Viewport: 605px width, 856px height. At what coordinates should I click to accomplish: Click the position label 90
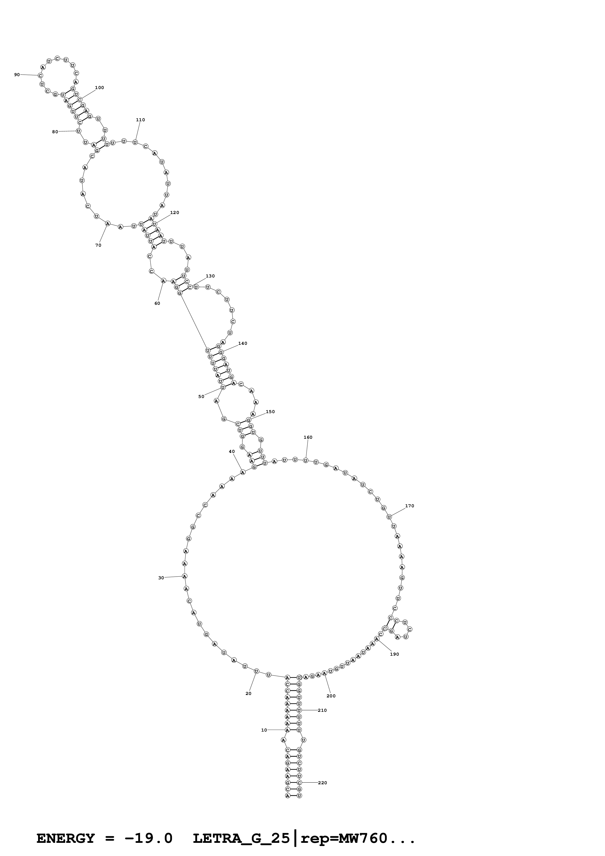[17, 75]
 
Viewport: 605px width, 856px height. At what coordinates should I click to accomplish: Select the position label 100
[100, 88]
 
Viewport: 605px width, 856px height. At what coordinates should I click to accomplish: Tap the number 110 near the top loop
[141, 120]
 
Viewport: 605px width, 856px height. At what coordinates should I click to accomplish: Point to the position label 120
[174, 213]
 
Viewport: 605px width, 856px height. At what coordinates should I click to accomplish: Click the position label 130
[210, 276]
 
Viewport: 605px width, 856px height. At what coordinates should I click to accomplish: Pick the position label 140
[243, 343]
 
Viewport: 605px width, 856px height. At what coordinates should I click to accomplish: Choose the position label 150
[270, 412]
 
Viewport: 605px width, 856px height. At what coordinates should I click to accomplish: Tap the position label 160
[308, 437]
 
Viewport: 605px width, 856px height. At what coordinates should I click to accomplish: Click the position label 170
[410, 506]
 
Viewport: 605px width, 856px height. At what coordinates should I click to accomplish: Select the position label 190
[394, 654]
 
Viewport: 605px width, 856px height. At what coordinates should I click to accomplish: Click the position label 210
[322, 710]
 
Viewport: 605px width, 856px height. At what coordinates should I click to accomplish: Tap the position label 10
[264, 730]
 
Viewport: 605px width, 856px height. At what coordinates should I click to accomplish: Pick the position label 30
[161, 578]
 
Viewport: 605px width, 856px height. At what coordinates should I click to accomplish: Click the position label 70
[98, 245]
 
